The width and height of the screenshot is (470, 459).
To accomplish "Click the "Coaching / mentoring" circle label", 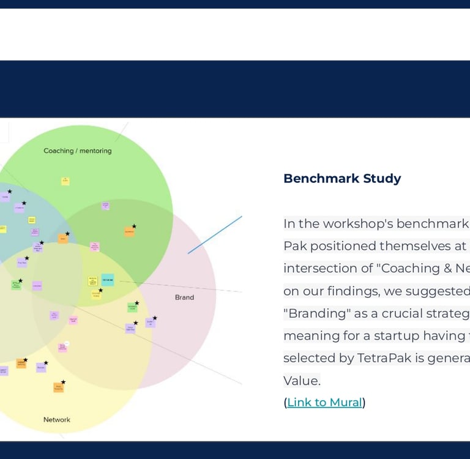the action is point(78,151).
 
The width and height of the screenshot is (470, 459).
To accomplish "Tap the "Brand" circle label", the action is point(184,297).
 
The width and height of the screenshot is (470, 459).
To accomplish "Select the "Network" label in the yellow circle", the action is point(57,420).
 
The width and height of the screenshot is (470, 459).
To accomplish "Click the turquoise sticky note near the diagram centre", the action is point(108,280).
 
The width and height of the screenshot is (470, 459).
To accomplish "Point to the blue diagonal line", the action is point(215,234).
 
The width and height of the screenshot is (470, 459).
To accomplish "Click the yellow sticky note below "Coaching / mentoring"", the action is point(65,181).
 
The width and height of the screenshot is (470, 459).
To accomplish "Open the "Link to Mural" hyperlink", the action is point(324,402).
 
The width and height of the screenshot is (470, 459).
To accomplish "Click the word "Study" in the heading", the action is point(382,179).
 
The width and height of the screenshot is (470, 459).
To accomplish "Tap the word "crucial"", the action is point(387,313).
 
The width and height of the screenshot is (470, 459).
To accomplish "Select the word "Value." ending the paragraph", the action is point(302,381).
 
